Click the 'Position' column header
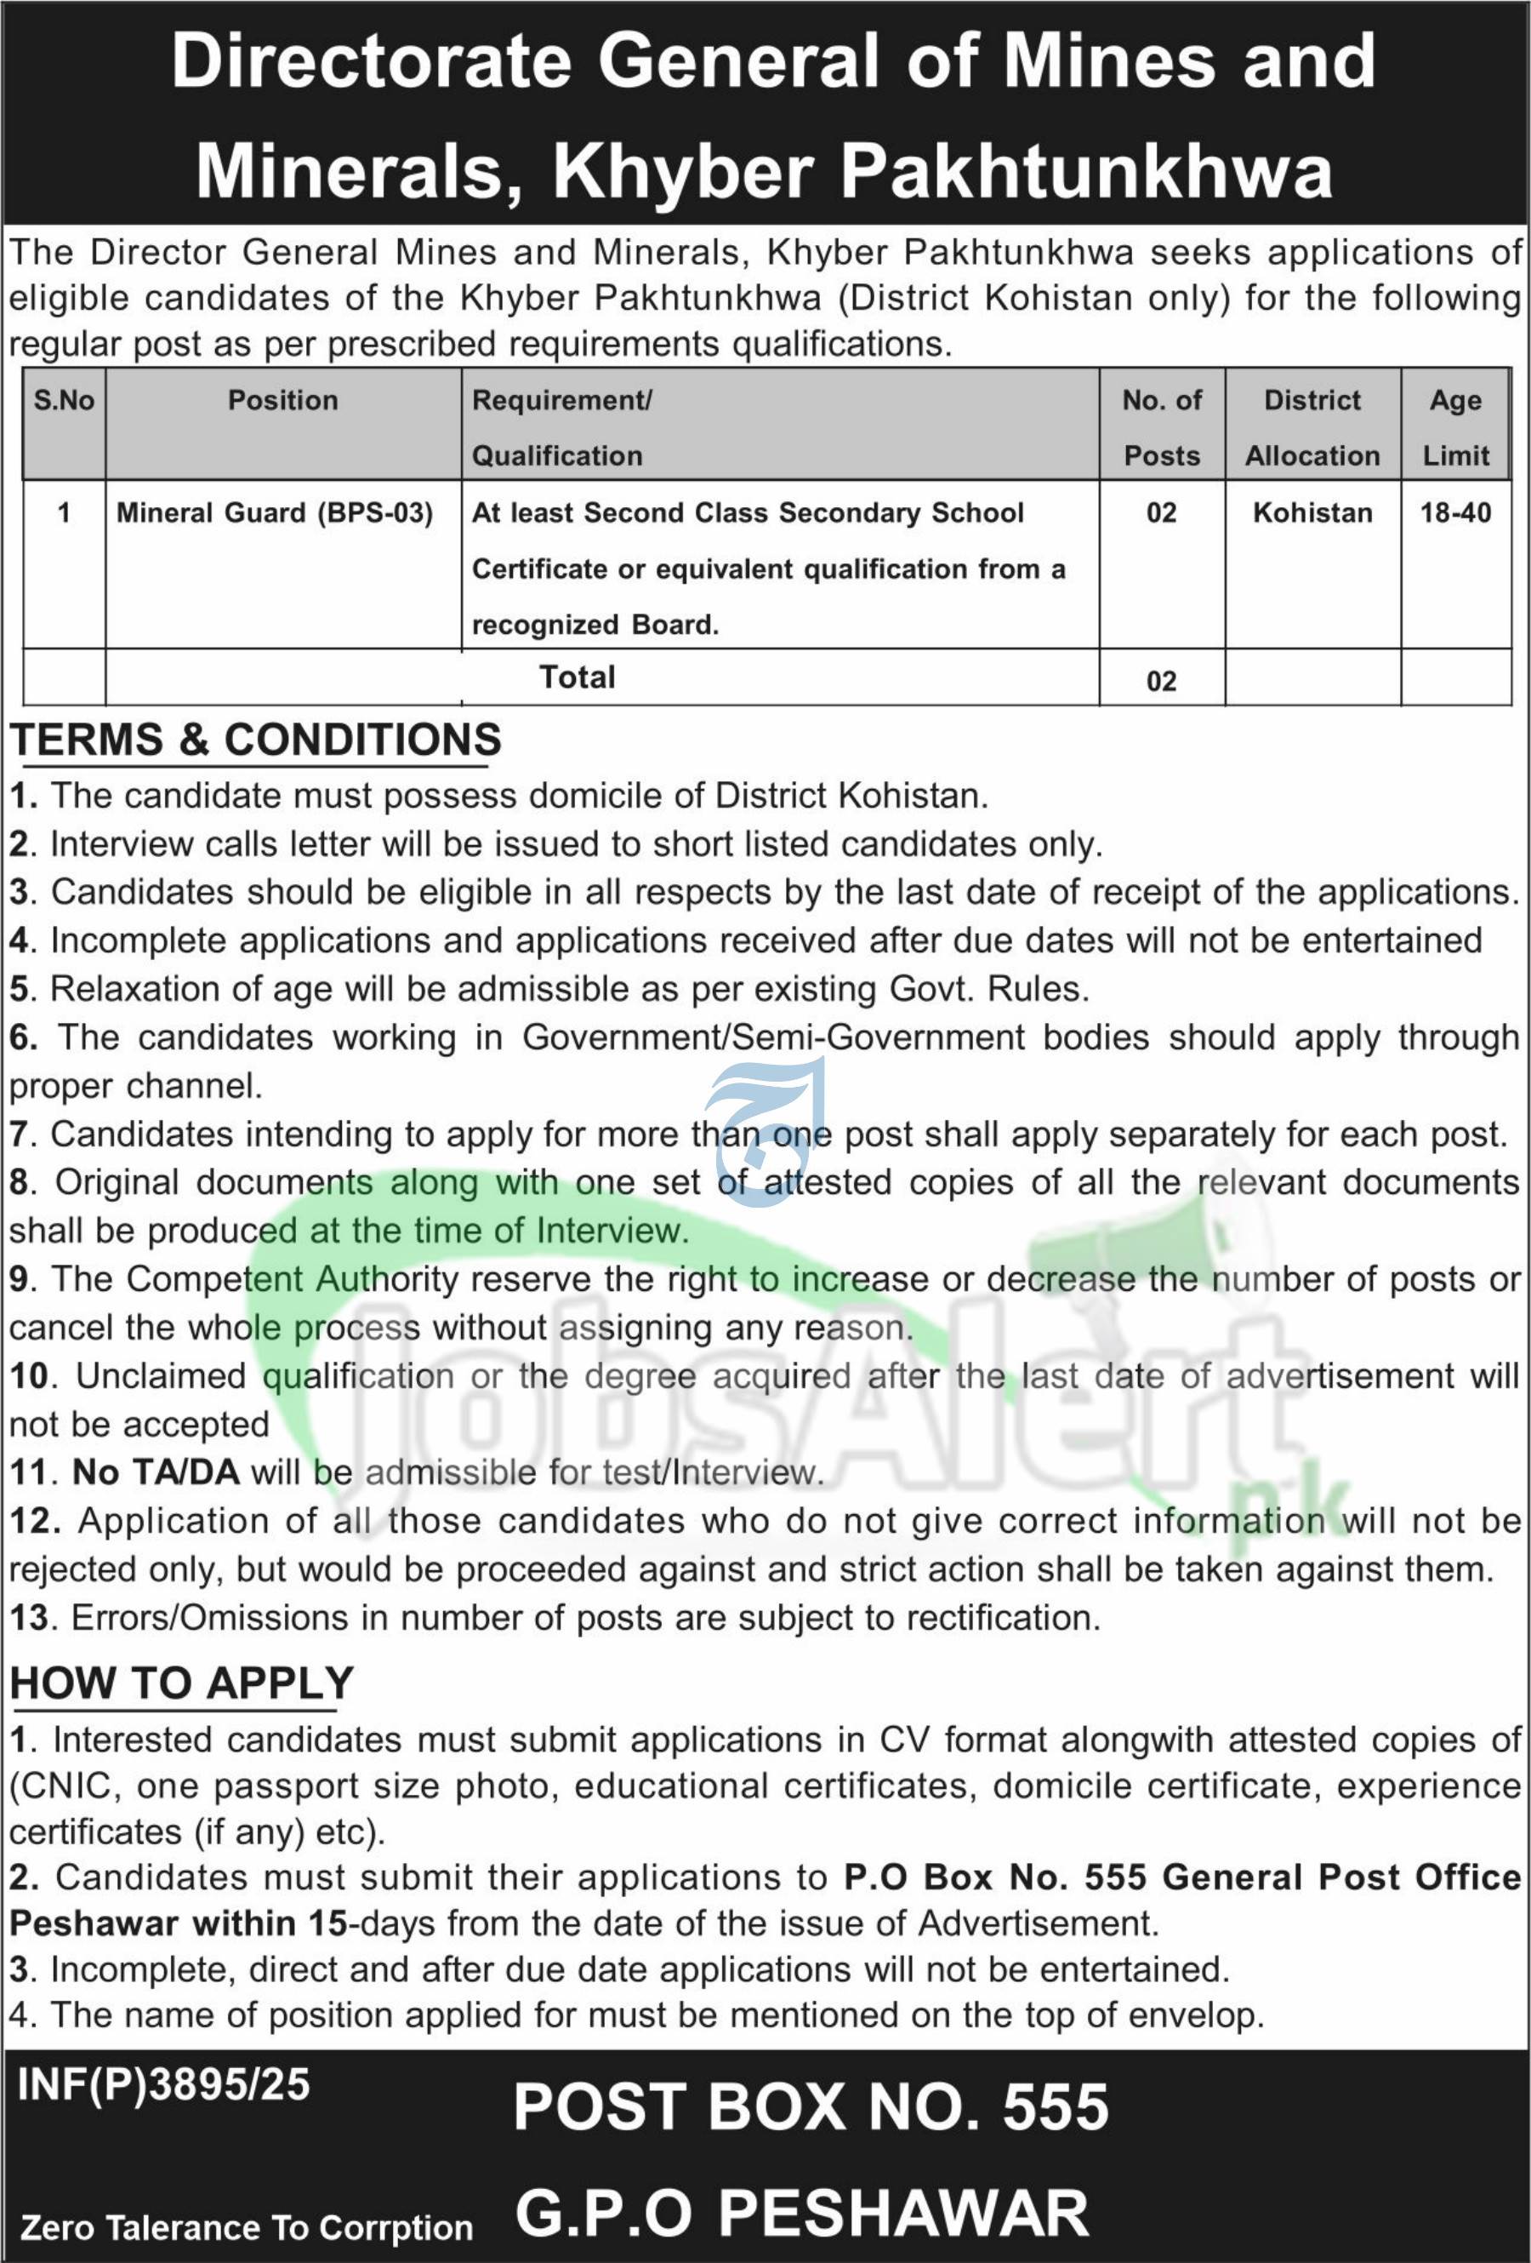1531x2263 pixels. click(282, 400)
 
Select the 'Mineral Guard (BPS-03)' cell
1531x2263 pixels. click(275, 513)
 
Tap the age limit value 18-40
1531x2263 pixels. click(1455, 513)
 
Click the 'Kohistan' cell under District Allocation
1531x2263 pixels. click(1312, 513)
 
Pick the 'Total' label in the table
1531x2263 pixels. click(578, 677)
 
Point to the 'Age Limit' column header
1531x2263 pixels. click(1455, 427)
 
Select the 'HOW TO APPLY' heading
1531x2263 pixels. click(182, 1683)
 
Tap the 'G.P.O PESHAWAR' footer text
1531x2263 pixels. click(802, 2213)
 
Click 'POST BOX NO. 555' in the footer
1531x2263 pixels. click(811, 2107)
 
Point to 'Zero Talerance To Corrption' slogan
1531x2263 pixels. click(247, 2227)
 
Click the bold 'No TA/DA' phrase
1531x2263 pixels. click(156, 1472)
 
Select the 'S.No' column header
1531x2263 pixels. click(65, 400)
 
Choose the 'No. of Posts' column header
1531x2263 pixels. click(1161, 427)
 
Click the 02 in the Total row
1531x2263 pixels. click(1161, 681)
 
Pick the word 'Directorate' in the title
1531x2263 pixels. click(372, 61)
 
